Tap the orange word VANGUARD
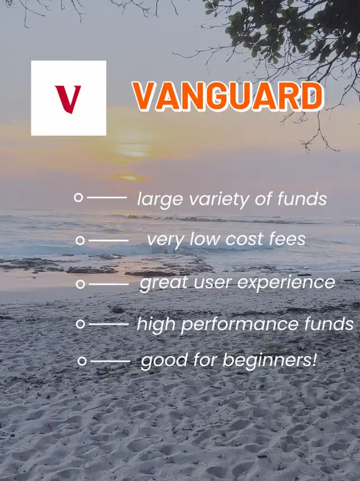tap(228, 96)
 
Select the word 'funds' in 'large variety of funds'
tap(302, 198)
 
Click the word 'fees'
tap(287, 239)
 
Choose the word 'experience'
tap(286, 283)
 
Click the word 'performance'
tap(240, 325)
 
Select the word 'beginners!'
tap(270, 360)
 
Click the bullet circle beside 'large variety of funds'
tap(79, 197)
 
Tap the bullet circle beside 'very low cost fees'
tap(80, 241)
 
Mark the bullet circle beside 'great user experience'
tap(80, 284)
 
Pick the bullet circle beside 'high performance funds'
tap(80, 324)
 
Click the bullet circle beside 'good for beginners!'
tap(82, 361)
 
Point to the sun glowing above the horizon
tap(129, 177)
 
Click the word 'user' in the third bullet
tap(212, 283)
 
